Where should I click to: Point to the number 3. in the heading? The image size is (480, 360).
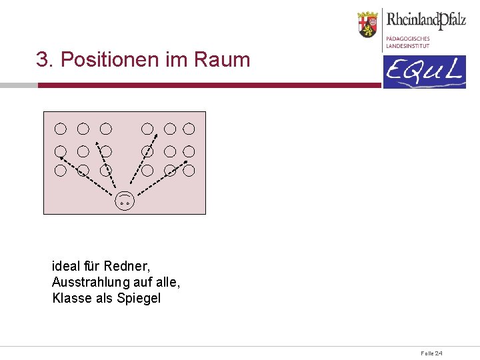click(45, 60)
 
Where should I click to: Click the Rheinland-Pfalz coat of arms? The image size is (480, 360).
click(367, 24)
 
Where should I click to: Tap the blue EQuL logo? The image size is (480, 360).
click(424, 72)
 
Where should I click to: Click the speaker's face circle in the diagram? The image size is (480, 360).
click(125, 200)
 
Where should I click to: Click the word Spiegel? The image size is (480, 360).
click(139, 298)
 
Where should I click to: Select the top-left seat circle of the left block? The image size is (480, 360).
click(61, 128)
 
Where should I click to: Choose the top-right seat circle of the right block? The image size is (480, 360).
click(189, 128)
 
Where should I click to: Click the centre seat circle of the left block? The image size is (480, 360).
click(83, 151)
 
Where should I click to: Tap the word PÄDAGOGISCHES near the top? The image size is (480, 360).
click(408, 39)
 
